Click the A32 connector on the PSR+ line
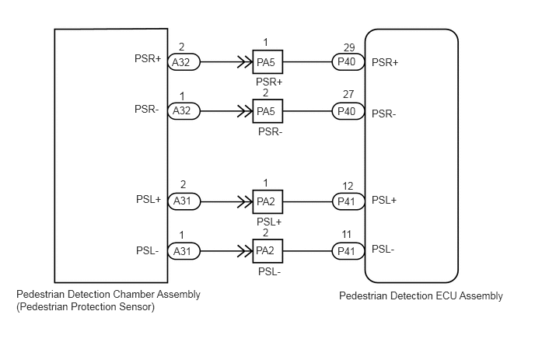pos(184,62)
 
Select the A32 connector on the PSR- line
pos(184,111)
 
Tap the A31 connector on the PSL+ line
pos(184,201)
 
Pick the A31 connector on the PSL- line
pos(184,251)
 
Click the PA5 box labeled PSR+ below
pos(267,62)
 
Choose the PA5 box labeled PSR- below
pos(267,111)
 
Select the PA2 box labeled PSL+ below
pos(267,201)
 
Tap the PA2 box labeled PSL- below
pos(267,251)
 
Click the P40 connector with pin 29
pos(348,61)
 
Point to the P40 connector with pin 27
pos(348,111)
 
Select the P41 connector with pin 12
pos(348,201)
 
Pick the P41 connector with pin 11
pos(348,251)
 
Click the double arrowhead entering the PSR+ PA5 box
pos(245,62)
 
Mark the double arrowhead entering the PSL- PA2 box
pos(245,251)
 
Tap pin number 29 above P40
pos(349,47)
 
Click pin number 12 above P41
pos(348,186)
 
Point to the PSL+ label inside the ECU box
pos(384,200)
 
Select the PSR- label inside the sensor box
pos(147,109)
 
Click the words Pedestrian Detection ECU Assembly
pos(421,295)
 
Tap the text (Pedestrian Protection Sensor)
pos(86,307)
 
